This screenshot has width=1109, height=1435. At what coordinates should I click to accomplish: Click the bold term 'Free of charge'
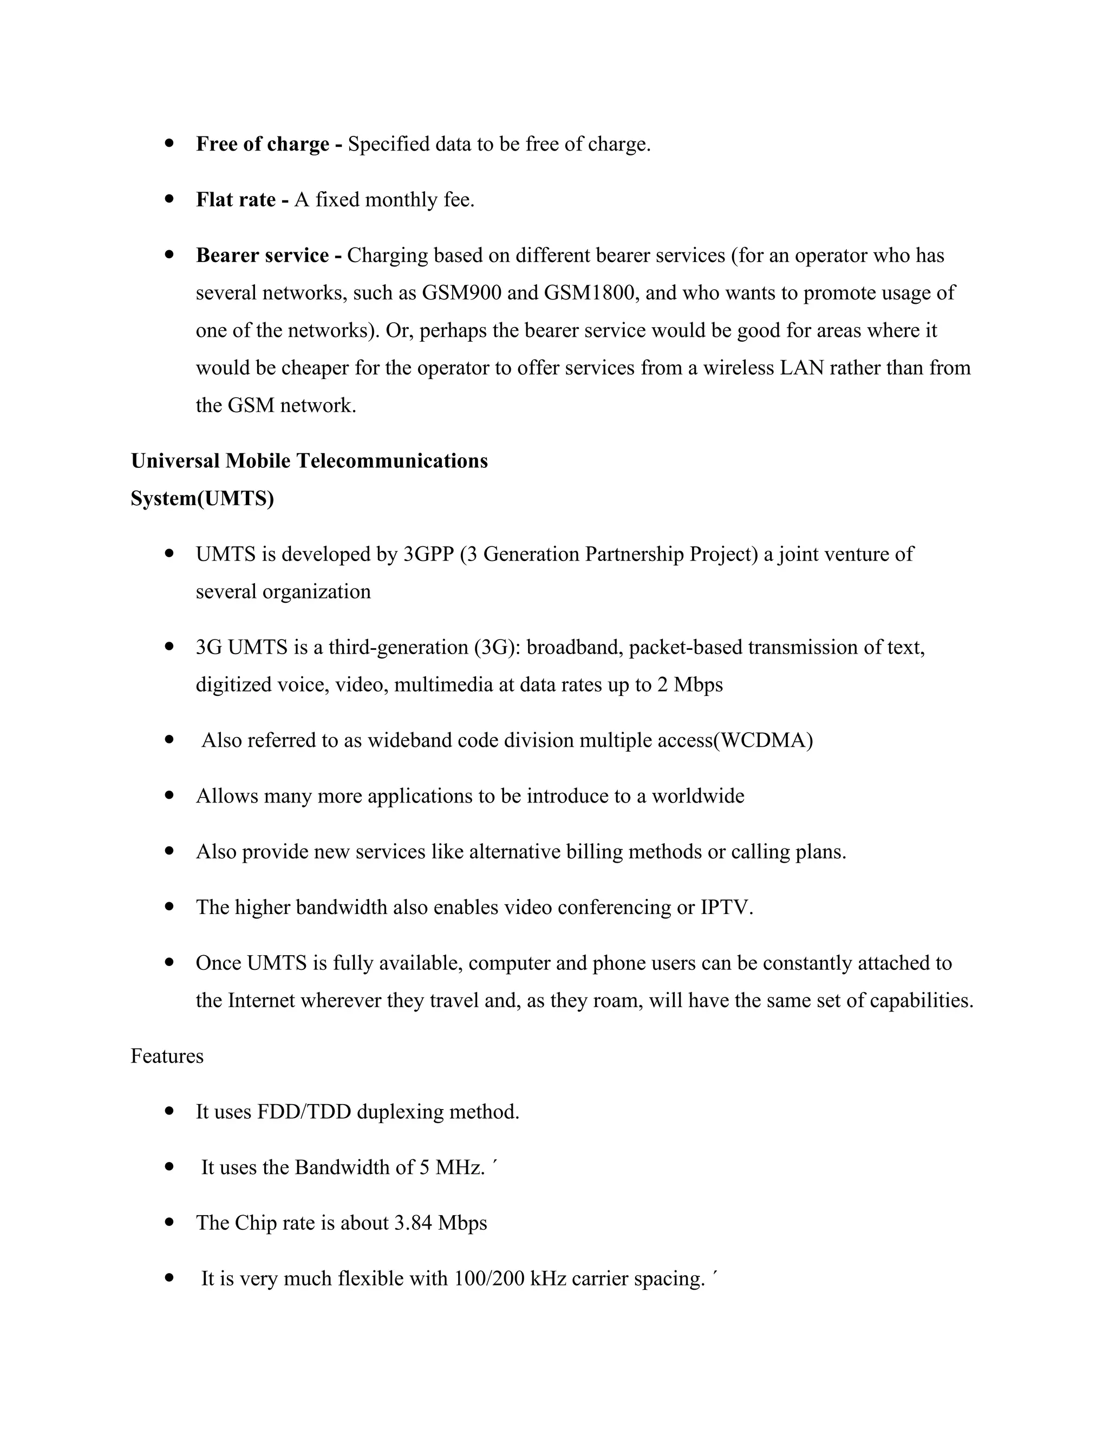[x=262, y=144]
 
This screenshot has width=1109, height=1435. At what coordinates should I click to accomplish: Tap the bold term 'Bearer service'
[x=262, y=255]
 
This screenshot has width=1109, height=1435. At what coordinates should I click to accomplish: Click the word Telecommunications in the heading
[x=392, y=461]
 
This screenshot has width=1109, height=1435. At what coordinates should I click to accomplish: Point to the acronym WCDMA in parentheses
[x=763, y=740]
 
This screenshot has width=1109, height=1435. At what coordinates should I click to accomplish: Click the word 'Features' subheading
[x=167, y=1056]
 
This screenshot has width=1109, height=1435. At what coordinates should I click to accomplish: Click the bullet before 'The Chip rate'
[x=169, y=1222]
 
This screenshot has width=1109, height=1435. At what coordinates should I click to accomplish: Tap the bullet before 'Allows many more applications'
[x=169, y=795]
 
